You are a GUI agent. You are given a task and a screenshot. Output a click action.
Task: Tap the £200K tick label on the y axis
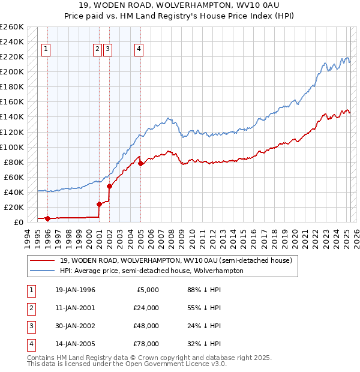tap(12, 72)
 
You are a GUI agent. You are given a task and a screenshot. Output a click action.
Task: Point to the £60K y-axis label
tap(14, 177)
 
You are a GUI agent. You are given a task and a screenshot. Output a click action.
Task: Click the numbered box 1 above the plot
tap(47, 50)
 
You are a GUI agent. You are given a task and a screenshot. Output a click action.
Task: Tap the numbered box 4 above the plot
tap(139, 50)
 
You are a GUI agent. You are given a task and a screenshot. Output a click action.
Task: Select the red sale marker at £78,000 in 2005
tap(140, 163)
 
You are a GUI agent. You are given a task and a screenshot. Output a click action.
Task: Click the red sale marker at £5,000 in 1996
tap(47, 218)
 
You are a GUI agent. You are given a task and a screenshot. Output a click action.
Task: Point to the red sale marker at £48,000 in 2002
tap(110, 186)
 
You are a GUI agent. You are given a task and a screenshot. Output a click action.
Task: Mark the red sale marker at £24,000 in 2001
tap(99, 204)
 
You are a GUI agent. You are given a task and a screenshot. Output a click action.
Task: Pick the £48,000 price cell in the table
tap(146, 326)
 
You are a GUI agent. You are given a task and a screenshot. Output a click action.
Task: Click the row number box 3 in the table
tap(31, 326)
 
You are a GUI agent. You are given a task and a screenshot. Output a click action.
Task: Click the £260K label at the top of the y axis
tap(12, 27)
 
